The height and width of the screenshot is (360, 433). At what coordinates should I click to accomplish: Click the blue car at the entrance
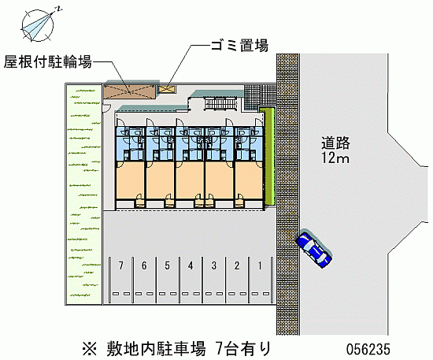point(313,248)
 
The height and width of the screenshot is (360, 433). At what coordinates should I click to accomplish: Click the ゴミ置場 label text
point(239,46)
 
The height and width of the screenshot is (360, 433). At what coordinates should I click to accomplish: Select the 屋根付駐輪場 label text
point(47,61)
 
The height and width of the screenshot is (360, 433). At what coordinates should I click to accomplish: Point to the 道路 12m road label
point(335,150)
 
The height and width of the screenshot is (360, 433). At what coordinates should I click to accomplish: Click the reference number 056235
point(368,349)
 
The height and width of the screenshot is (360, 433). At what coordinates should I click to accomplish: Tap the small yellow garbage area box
point(167,89)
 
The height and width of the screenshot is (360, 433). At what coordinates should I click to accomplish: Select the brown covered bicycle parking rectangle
point(130,91)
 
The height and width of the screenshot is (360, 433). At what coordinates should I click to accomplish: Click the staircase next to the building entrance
point(221,104)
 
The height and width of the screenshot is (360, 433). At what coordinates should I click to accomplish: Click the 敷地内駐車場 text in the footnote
point(157,349)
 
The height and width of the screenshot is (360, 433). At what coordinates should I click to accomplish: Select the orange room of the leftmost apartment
point(130,180)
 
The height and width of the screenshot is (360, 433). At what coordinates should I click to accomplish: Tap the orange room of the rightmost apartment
point(249,180)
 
